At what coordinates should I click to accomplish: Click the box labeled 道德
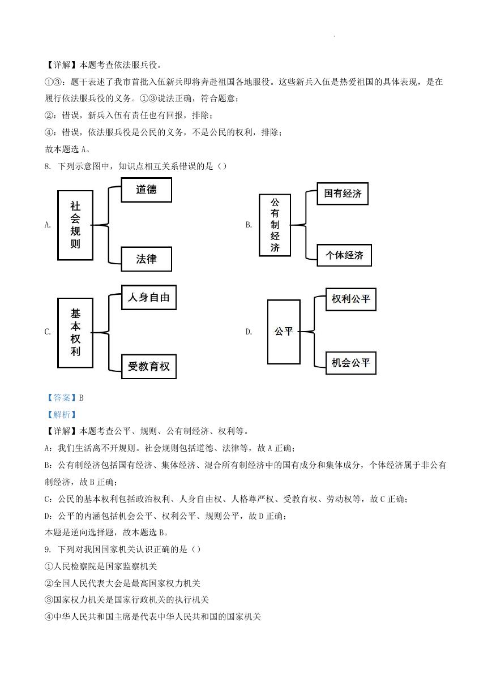pos(146,190)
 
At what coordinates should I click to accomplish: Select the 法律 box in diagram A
pos(146,259)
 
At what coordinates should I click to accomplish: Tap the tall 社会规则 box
pos(75,225)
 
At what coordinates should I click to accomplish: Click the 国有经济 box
pos(343,194)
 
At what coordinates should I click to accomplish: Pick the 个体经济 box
pos(344,255)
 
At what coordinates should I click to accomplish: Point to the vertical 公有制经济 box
pos(275,225)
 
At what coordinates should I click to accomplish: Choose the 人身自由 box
pos(149,298)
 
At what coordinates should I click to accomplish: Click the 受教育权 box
pos(149,366)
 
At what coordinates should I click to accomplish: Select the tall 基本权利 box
pos(75,333)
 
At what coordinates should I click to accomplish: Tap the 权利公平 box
pos(351,299)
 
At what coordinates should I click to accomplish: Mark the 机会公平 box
pos(351,363)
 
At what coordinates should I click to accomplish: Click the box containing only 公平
pos(284,332)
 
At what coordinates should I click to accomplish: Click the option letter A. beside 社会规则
pos(48,225)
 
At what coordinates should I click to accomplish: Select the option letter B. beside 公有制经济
pos(249,225)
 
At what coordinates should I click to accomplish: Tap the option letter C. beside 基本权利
pos(48,332)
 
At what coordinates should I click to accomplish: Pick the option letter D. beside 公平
pos(249,332)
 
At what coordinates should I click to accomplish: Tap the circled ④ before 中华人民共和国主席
pos(49,616)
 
